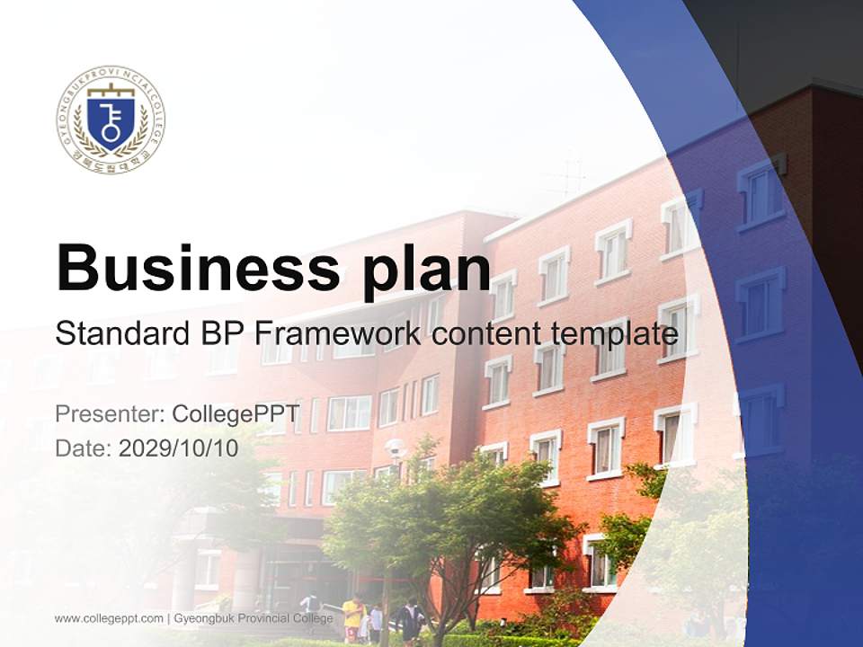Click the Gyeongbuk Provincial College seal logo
tap(111, 120)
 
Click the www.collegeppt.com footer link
tap(109, 618)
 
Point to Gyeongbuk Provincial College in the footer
tap(253, 618)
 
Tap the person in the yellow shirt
tap(352, 615)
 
